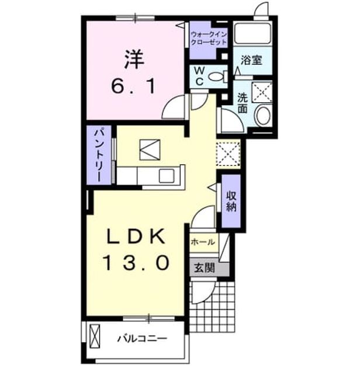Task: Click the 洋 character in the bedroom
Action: point(134,60)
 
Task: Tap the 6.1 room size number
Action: point(133,86)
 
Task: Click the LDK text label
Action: point(136,236)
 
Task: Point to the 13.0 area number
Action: point(136,263)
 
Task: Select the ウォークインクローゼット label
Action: point(209,39)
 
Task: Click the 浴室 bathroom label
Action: point(251,61)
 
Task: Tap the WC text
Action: point(199,76)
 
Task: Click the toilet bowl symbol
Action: point(217,77)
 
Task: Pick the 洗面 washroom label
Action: point(243,103)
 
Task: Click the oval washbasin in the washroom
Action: point(264,116)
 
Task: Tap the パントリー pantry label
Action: point(99,155)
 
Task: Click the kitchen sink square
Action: point(167,176)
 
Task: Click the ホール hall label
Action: point(203,242)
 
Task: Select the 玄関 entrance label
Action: point(205,268)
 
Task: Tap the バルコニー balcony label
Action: point(143,339)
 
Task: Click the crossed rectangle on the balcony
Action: point(95,336)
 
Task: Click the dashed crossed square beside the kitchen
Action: point(228,154)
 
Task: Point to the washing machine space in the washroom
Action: point(262,92)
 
